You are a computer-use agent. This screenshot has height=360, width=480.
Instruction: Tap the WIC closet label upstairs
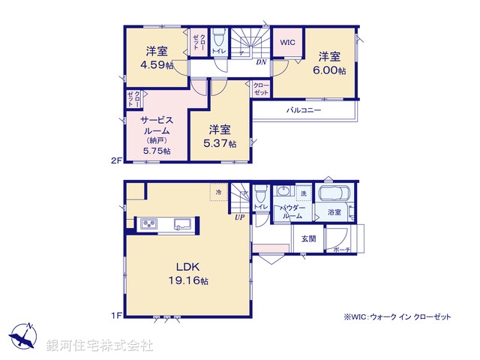pyautogui.click(x=288, y=43)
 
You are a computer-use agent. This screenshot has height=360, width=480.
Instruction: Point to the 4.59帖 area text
pyautogui.click(x=156, y=64)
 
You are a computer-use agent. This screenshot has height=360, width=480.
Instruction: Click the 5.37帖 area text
pyautogui.click(x=222, y=143)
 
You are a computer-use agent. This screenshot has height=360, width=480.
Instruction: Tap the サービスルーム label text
pyautogui.click(x=156, y=124)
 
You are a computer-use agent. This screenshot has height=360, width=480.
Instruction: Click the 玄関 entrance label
pyautogui.click(x=308, y=238)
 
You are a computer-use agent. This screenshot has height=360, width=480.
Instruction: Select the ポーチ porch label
pyautogui.click(x=342, y=249)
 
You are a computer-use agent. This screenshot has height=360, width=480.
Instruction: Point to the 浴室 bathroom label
pyautogui.click(x=334, y=213)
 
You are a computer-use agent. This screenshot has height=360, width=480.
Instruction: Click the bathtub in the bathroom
pyautogui.click(x=335, y=193)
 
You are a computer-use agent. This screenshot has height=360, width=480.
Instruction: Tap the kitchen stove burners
pyautogui.click(x=148, y=223)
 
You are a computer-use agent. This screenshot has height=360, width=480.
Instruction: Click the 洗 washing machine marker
pyautogui.click(x=303, y=194)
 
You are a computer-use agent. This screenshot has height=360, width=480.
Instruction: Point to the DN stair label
pyautogui.click(x=259, y=63)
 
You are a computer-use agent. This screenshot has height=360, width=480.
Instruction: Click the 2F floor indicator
pyautogui.click(x=115, y=160)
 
